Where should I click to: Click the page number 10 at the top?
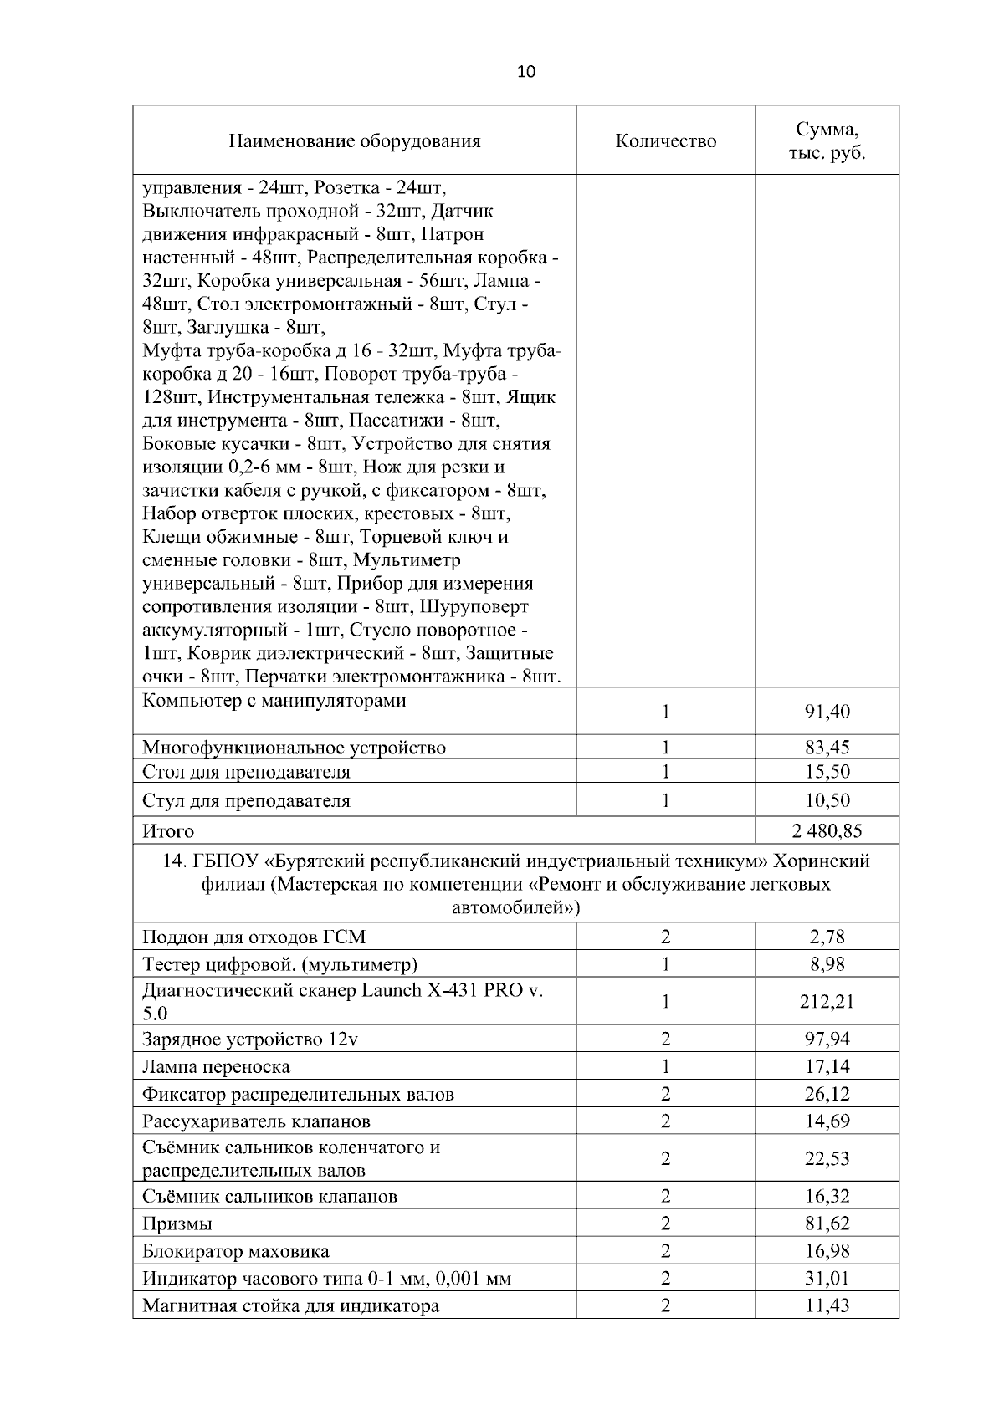526,72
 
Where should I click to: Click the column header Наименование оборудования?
355,140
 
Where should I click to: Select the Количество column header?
666,140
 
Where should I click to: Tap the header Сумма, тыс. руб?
827,141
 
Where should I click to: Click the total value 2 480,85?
827,830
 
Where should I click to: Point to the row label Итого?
168,831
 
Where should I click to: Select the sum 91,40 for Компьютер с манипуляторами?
827,712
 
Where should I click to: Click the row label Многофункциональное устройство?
295,748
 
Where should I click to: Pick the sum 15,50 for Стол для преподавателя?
827,771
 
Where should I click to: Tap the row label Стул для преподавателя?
246,800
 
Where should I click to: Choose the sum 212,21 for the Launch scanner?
827,1001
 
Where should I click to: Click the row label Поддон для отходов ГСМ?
254,937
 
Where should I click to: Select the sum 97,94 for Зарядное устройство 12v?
827,1039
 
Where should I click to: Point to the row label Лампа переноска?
217,1066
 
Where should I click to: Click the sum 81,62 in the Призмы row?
827,1223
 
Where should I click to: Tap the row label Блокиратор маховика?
236,1251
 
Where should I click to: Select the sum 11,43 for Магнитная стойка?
827,1305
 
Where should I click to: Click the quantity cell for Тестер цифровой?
666,964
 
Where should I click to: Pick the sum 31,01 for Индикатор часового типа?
827,1278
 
